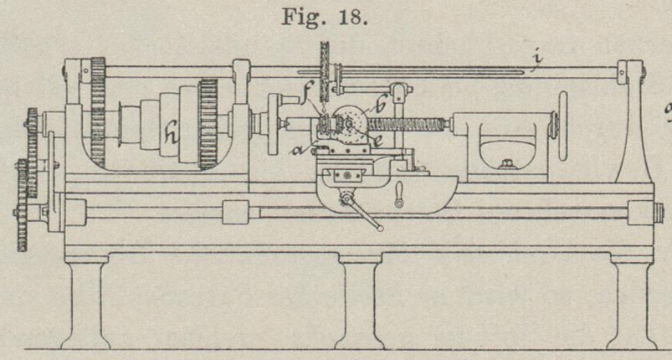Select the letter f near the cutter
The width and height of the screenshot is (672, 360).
click(310, 106)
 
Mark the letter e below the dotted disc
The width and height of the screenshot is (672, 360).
click(378, 141)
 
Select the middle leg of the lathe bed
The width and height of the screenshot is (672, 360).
click(361, 302)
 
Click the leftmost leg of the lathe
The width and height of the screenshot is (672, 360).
click(85, 302)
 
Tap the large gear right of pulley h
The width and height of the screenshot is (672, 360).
click(208, 124)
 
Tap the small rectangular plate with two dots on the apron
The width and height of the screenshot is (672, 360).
click(346, 176)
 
